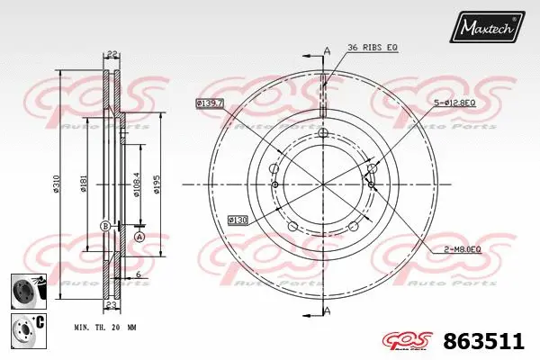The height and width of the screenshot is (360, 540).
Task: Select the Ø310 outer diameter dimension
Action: click(x=57, y=184)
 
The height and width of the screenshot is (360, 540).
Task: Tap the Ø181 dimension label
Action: click(x=83, y=184)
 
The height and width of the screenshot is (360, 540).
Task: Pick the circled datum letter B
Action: click(x=104, y=225)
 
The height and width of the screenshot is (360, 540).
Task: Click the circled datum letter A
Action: click(x=139, y=236)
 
